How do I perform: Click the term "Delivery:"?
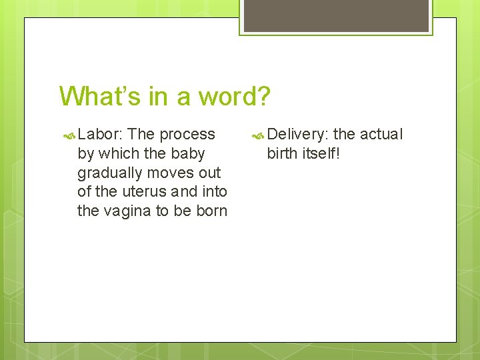298,134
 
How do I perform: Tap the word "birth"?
282,153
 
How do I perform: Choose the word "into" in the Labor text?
213,192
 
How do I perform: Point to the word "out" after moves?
210,173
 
